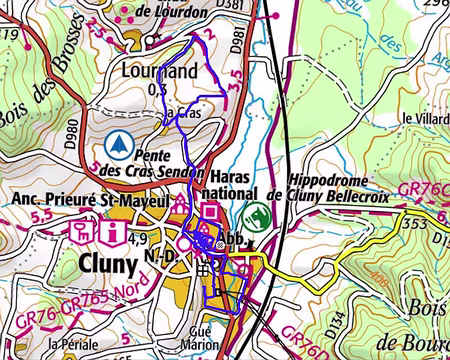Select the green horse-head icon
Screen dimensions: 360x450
click(257, 214)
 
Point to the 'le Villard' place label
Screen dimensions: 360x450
click(424, 118)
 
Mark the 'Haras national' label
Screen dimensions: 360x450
click(235, 180)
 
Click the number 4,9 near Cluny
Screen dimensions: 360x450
click(139, 237)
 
